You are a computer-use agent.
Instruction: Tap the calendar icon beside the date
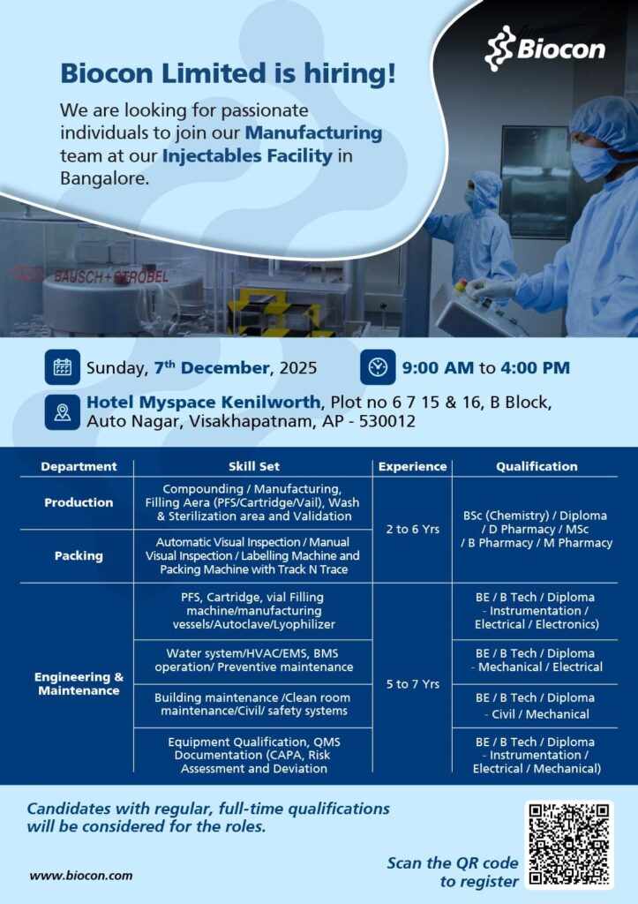coord(63,367)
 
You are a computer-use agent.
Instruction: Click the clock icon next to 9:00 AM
coord(378,367)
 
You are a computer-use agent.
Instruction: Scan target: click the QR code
coord(569,845)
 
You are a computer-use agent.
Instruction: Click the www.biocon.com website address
coord(81,876)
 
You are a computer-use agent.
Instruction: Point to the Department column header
coord(79,466)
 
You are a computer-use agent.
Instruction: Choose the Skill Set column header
coord(253,466)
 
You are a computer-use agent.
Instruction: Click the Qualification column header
coord(537,466)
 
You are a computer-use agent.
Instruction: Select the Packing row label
coord(79,556)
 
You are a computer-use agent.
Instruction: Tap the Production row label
coord(79,502)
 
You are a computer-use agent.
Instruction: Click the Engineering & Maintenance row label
coord(79,683)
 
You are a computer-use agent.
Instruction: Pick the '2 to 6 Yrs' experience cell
coord(412,530)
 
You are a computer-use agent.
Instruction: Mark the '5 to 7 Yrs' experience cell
coord(412,683)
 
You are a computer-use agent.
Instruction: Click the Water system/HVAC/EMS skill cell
coord(253,660)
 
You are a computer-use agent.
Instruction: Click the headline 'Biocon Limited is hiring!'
coord(228,74)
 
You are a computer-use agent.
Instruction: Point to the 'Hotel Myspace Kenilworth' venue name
coord(206,403)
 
